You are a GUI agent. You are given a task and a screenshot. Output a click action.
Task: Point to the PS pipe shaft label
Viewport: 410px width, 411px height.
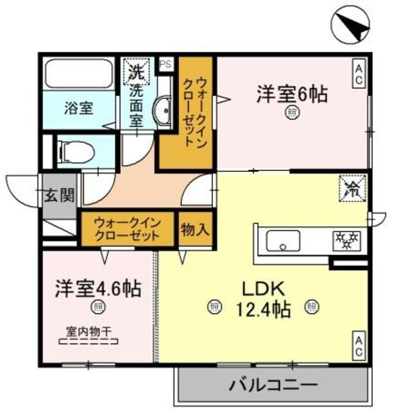click(166, 64)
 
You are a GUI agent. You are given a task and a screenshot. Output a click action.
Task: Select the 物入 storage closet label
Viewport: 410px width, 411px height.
click(194, 229)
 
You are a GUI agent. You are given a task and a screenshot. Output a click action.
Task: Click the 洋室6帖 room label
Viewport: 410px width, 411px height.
click(293, 94)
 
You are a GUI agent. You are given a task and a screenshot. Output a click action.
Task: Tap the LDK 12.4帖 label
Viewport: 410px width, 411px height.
click(262, 299)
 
